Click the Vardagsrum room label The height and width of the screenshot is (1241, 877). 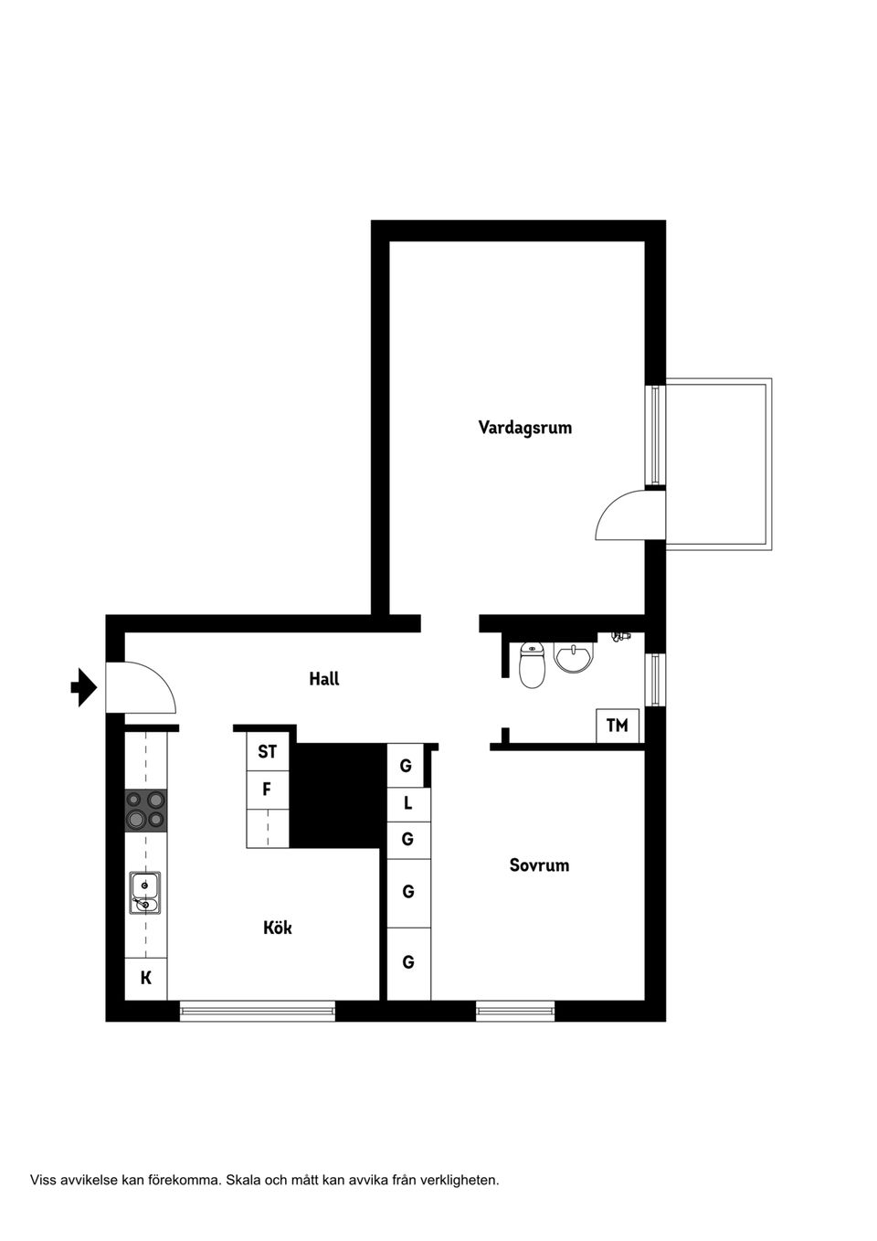tap(525, 428)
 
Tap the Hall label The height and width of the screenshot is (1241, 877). tap(324, 679)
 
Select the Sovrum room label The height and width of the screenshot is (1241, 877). tap(539, 865)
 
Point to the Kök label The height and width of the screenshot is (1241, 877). tap(278, 928)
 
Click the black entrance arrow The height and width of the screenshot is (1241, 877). tap(84, 687)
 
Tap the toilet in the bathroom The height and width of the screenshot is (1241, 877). tap(532, 664)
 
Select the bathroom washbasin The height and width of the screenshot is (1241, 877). tap(574, 657)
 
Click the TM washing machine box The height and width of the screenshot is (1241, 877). tap(618, 726)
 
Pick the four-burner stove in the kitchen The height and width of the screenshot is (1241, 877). tap(146, 811)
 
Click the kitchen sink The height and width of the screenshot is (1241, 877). tap(145, 893)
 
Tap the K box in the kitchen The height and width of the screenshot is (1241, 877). tap(146, 979)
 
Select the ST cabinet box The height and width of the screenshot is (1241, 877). tap(267, 752)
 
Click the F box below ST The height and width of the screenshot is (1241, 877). tap(267, 790)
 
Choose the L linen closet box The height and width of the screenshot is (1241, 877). tap(408, 804)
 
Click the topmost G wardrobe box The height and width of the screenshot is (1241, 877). tap(407, 766)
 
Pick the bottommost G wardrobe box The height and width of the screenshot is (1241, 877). tap(408, 962)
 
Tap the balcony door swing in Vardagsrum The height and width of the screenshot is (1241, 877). tap(626, 517)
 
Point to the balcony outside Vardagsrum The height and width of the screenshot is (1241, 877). tap(719, 464)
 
